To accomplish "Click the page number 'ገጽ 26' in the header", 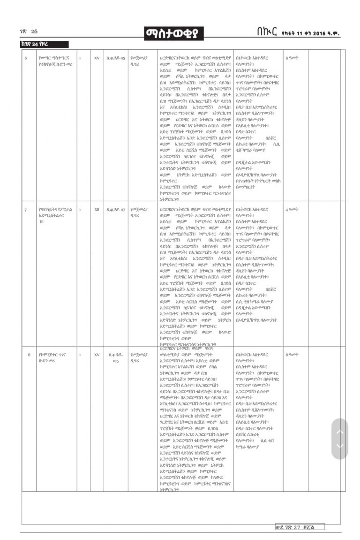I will click(29, 31).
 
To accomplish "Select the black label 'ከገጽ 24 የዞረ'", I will click(42, 45).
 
